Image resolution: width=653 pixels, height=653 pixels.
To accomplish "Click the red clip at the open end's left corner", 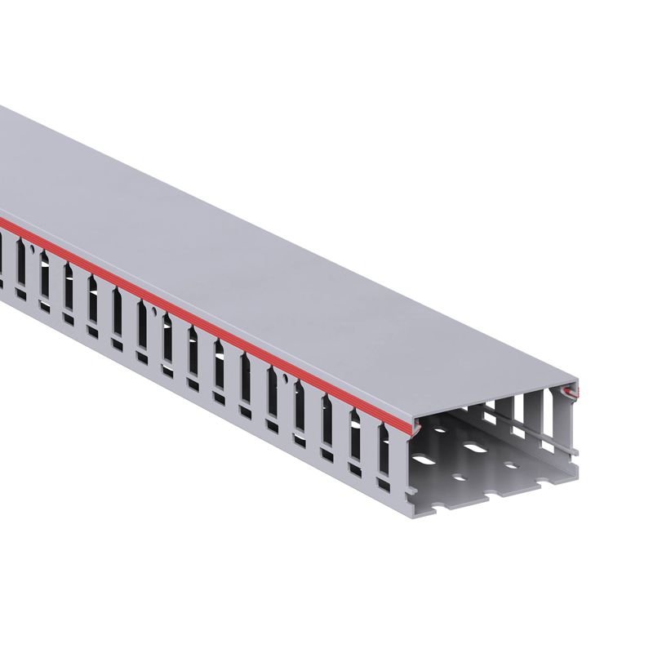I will click(x=417, y=425).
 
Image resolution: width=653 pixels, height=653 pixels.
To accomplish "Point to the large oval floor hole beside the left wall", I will click(x=432, y=464).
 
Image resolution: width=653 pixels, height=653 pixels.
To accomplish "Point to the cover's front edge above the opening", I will click(x=498, y=400).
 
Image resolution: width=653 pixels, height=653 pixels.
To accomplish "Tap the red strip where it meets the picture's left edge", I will click(x=2, y=219).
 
